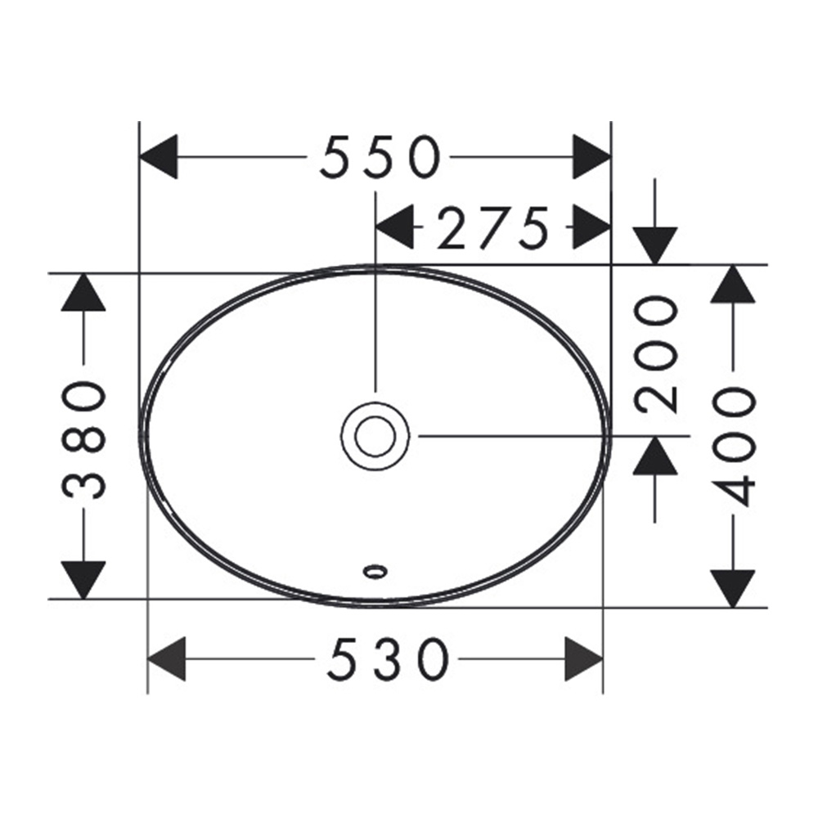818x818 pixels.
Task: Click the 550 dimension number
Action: coord(380,156)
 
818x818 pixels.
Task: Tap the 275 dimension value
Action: coord(493,227)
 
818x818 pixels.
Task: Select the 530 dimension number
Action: coord(388,658)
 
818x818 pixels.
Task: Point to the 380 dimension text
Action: coord(84,439)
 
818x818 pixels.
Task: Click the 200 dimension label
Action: coord(656,354)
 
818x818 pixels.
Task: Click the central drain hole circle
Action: coord(375,436)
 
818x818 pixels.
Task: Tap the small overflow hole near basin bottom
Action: coord(375,571)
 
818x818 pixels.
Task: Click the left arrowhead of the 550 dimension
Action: coord(159,156)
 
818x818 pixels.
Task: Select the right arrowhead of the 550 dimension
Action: coord(591,156)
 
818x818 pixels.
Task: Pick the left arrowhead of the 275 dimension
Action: coord(395,227)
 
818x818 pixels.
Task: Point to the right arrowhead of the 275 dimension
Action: coord(591,227)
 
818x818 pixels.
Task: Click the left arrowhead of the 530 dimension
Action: coord(167,658)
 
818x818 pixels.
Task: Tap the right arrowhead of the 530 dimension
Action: coord(584,658)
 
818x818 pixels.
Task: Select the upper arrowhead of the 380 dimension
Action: coord(83,292)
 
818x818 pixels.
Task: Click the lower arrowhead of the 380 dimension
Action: coord(83,580)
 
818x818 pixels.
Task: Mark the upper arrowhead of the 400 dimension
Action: coord(733,284)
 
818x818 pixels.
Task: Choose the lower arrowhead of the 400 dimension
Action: coord(733,589)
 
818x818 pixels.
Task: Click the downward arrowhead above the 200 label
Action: coord(655,246)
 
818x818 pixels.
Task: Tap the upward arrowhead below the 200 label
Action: coord(655,456)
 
